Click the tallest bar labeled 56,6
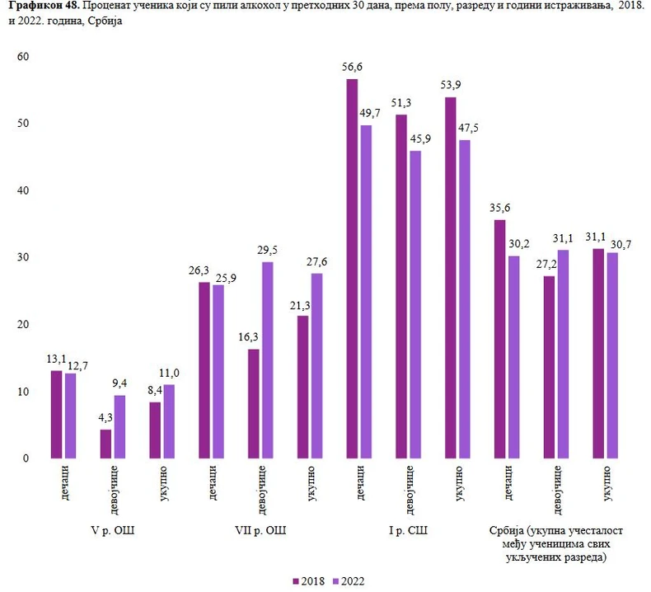coord(352,268)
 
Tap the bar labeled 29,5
coord(267,359)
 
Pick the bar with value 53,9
coord(450,277)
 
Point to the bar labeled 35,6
coord(499,339)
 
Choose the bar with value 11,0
coord(168,421)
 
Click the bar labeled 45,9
coord(415,304)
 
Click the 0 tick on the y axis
coord(26,458)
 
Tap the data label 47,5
coord(466,129)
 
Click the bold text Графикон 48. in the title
coord(39,7)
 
